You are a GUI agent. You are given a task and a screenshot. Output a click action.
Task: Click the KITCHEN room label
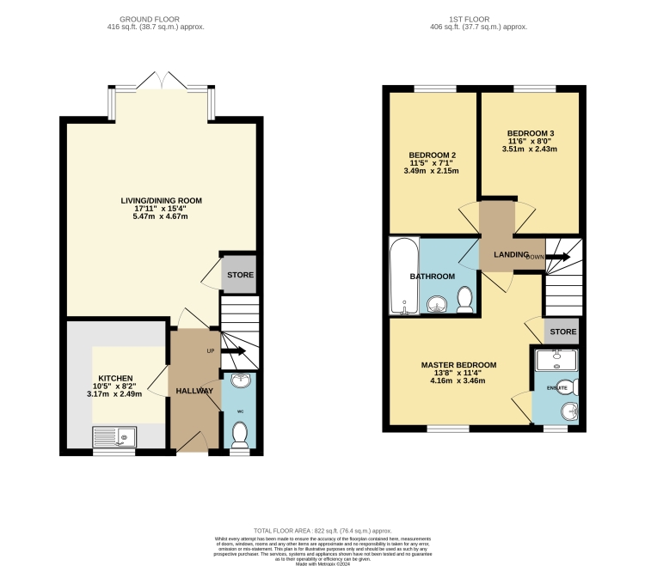pos(114,378)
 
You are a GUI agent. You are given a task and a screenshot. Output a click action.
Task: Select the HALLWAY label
pos(194,391)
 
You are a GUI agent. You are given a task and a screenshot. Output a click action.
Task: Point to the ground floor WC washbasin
pos(239,382)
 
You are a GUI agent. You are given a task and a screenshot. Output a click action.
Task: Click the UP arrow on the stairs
pos(233,351)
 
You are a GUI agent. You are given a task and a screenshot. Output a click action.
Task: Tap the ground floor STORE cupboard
pos(239,276)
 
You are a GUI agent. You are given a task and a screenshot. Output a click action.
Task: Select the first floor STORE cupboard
pos(562,331)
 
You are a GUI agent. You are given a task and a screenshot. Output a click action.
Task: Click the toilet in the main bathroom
pos(464,299)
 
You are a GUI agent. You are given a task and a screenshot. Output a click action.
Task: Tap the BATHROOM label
pos(432,277)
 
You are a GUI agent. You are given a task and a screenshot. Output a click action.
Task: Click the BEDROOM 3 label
pos(530,133)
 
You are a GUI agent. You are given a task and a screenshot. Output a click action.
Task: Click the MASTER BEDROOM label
pos(458,365)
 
